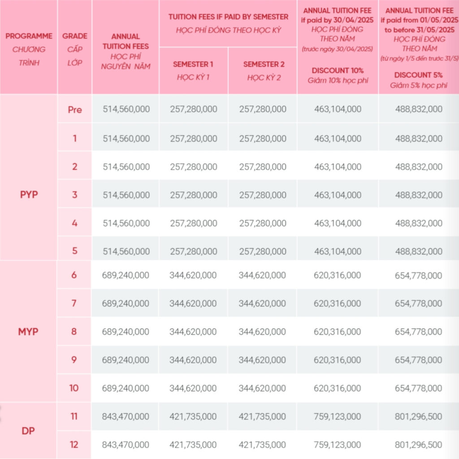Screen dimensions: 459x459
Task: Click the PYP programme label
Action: (x=29, y=195)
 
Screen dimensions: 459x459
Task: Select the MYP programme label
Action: (x=28, y=332)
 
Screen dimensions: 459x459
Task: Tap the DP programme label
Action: (x=28, y=431)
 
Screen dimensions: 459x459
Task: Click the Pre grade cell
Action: (x=75, y=109)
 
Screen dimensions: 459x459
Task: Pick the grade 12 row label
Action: (x=74, y=444)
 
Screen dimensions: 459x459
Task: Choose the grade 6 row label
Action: (x=74, y=275)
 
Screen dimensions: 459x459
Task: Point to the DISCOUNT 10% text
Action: (x=338, y=70)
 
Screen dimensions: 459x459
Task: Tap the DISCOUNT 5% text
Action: (x=418, y=75)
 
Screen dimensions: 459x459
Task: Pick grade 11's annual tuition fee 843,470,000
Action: (x=126, y=416)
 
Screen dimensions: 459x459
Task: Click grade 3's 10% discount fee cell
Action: (x=338, y=195)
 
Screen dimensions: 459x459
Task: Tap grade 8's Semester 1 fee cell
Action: (x=193, y=332)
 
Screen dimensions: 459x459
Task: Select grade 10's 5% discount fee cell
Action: (x=418, y=388)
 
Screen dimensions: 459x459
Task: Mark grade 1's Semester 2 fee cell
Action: (x=263, y=139)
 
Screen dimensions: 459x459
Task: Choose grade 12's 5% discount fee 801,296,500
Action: (x=418, y=445)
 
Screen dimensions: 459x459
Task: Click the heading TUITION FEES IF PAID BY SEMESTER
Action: (x=228, y=17)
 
